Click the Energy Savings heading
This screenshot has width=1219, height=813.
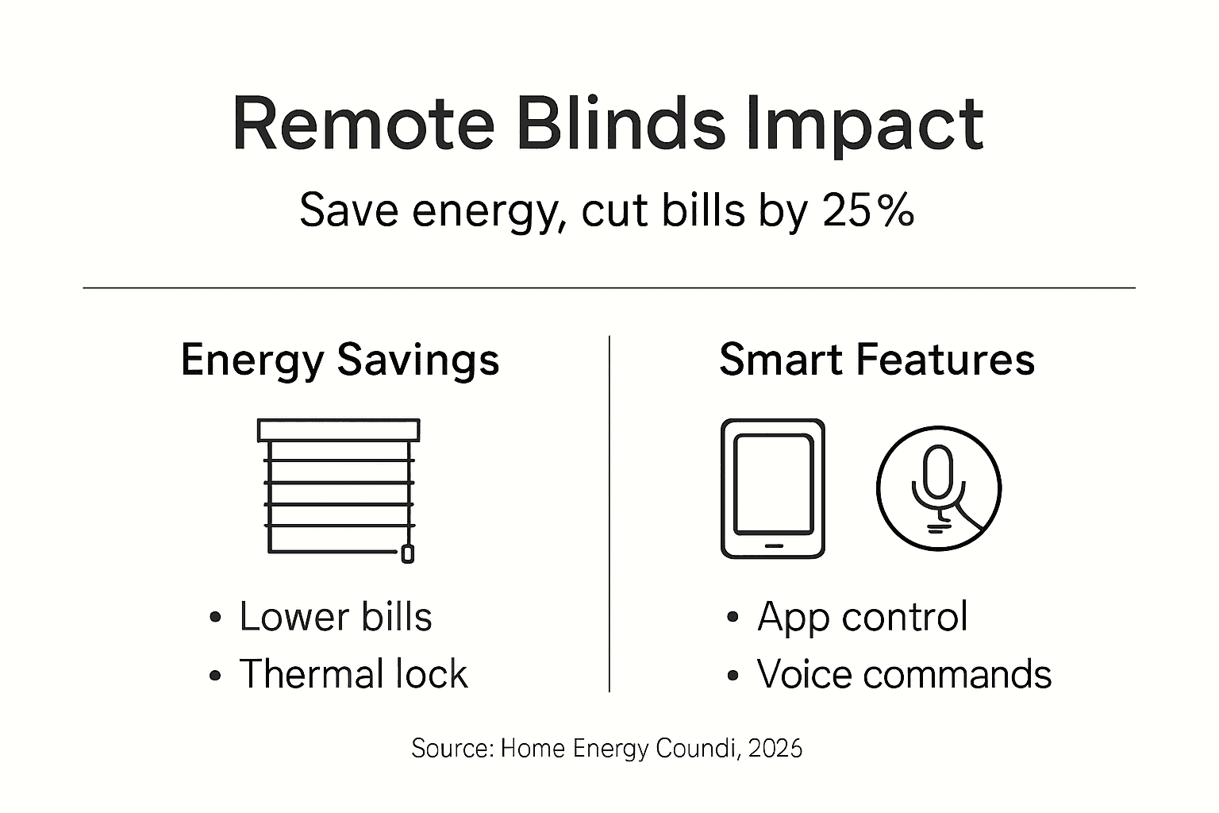point(340,360)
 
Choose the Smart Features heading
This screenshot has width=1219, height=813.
point(876,360)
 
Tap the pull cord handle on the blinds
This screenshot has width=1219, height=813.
point(407,553)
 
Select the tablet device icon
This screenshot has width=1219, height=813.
point(772,488)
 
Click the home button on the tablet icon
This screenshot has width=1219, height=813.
point(772,546)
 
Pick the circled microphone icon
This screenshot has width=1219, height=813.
point(938,488)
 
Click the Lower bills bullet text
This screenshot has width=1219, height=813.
point(335,617)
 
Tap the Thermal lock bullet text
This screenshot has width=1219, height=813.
point(353,674)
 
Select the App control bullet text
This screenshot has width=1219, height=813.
point(862,617)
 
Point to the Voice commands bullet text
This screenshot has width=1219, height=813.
point(903,674)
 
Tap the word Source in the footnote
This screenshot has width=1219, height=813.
point(452,748)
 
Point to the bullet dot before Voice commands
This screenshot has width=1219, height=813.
point(733,676)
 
